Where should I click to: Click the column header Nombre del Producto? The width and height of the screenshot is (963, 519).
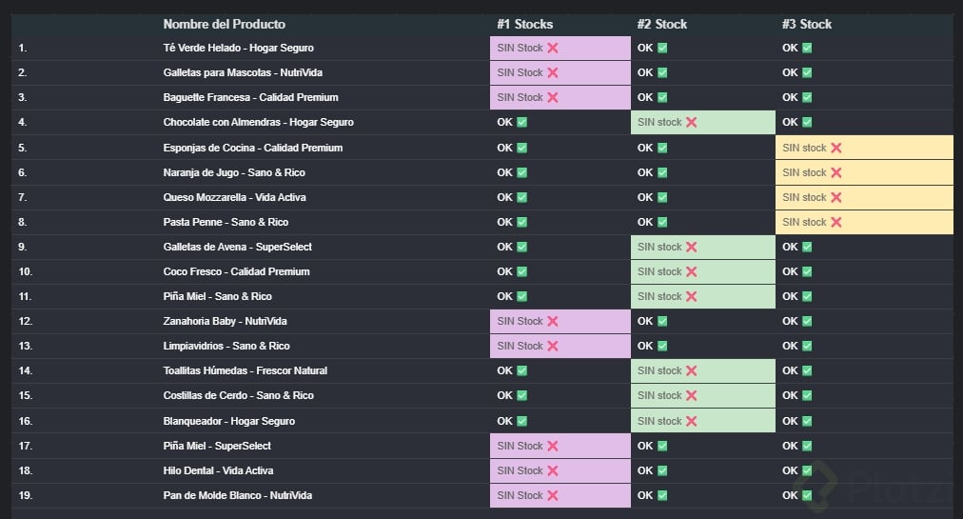pyautogui.click(x=224, y=24)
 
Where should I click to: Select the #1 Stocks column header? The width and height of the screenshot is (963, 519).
pyautogui.click(x=524, y=24)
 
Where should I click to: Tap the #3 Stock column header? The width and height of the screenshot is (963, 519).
pyautogui.click(x=807, y=24)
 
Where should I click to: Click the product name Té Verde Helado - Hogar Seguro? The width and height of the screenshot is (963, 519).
pyautogui.click(x=238, y=48)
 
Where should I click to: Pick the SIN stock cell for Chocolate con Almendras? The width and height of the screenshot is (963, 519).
pyautogui.click(x=703, y=122)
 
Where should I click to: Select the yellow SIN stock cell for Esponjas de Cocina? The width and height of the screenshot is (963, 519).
pyautogui.click(x=864, y=148)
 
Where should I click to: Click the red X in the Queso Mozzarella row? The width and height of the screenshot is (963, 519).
pyautogui.click(x=836, y=197)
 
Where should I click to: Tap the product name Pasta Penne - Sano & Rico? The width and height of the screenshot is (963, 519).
pyautogui.click(x=226, y=222)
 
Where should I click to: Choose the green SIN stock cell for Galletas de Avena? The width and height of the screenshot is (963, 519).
pyautogui.click(x=703, y=247)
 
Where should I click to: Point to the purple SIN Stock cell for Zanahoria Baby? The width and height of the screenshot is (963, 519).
pyautogui.click(x=560, y=321)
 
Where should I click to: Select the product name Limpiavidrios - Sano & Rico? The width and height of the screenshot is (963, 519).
pyautogui.click(x=226, y=346)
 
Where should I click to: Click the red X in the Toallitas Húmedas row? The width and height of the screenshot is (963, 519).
pyautogui.click(x=692, y=370)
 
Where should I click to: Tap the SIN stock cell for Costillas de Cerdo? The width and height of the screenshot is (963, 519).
pyautogui.click(x=703, y=395)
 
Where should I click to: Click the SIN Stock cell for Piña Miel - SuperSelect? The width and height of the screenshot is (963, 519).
pyautogui.click(x=560, y=446)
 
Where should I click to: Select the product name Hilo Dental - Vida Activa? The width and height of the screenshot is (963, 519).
pyautogui.click(x=218, y=470)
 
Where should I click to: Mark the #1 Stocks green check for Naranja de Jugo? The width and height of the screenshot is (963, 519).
pyautogui.click(x=521, y=172)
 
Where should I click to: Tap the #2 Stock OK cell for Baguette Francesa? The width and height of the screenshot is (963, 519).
pyautogui.click(x=652, y=97)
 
